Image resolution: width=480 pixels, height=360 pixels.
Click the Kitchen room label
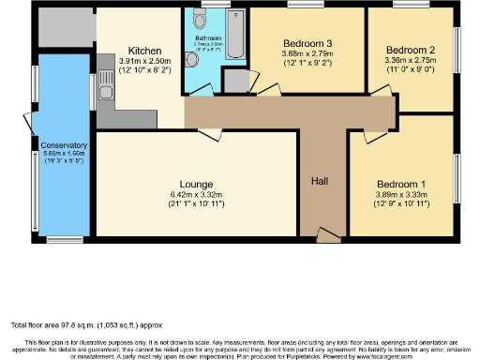click(x=146, y=51)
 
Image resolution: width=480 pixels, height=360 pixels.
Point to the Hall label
click(x=319, y=180)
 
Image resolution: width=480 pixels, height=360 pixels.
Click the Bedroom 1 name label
click(x=400, y=184)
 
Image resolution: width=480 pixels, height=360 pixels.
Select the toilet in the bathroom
click(x=192, y=59)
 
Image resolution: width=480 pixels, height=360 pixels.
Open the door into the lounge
click(x=209, y=133)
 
